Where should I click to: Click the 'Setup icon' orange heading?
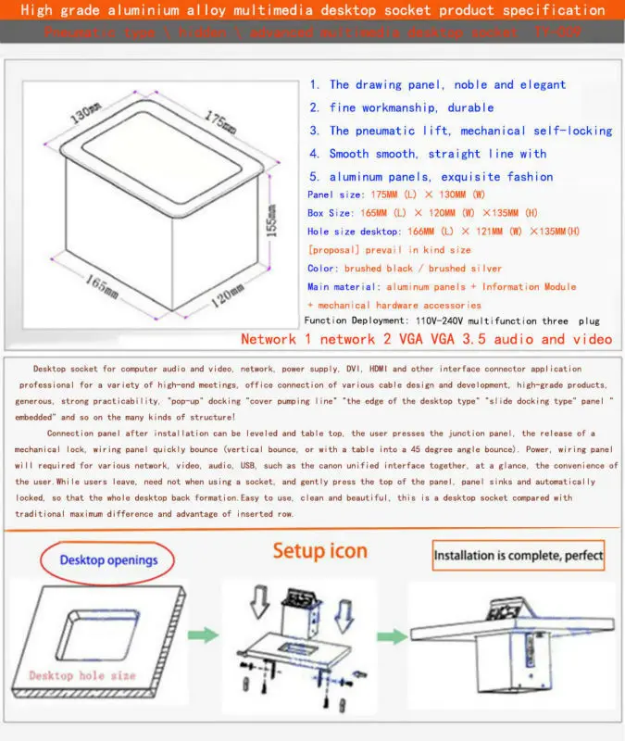tap(319, 551)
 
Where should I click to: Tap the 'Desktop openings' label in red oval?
tap(108, 559)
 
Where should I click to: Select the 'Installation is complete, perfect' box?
tap(519, 557)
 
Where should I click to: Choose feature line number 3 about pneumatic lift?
tap(460, 131)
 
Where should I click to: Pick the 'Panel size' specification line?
tap(395, 195)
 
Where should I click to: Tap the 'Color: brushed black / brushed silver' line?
tap(405, 269)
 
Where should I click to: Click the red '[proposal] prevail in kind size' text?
tap(389, 250)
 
